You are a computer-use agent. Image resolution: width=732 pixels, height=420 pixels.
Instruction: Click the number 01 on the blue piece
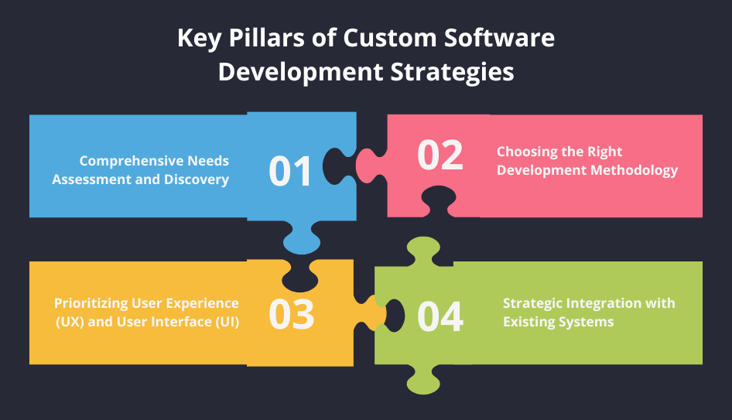[290, 171]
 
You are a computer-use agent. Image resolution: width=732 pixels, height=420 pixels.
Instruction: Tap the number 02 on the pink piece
[440, 155]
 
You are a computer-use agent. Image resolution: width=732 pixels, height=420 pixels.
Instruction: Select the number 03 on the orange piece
[291, 315]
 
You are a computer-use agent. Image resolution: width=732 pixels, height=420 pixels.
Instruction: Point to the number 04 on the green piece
[440, 316]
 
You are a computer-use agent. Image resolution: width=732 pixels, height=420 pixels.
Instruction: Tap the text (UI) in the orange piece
[223, 322]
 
